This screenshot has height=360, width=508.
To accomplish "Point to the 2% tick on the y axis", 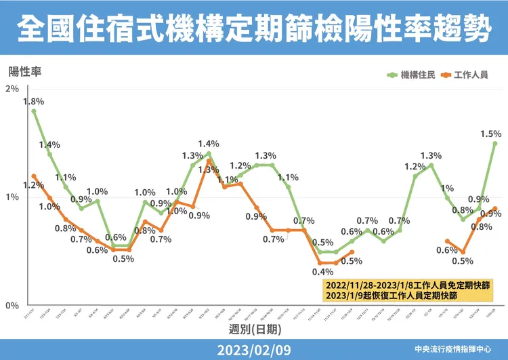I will pos(12,89).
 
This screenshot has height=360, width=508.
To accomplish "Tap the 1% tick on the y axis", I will pos(12,197).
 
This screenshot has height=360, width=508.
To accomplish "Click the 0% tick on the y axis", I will pos(12,305).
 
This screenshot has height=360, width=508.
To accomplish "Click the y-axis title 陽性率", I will pos(23,71).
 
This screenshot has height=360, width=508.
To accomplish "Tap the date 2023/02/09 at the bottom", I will pos(254,349).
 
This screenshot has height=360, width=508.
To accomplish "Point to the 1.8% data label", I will pos(33,102).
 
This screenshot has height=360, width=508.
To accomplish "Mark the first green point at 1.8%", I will pos(34,111).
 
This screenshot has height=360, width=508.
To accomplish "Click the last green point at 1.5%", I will pos(495,143).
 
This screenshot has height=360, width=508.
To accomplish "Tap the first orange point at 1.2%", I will pos(34,176).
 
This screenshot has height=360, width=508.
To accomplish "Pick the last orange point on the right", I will pos(495,209).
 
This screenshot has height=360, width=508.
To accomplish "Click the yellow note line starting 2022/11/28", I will pos(408,283).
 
